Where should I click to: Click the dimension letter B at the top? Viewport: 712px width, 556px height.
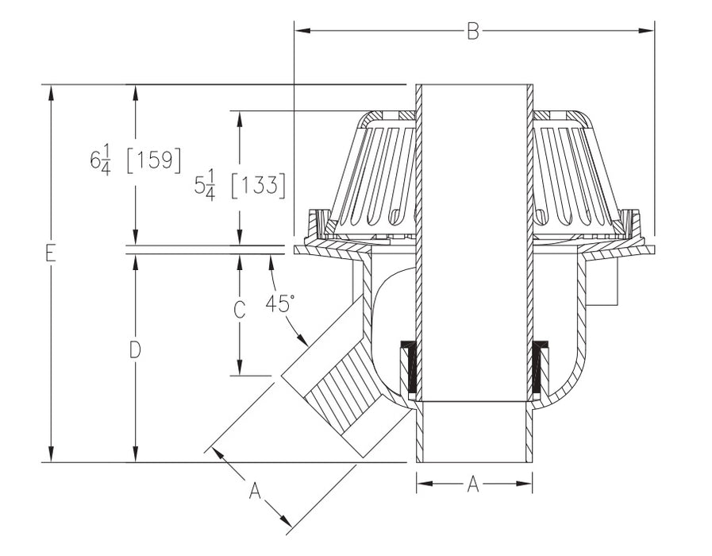point(473,31)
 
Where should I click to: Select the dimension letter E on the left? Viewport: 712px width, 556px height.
point(51,253)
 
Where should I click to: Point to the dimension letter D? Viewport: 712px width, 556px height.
point(135,349)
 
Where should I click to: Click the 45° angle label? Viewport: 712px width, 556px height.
point(280,303)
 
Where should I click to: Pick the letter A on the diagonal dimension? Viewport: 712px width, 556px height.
point(255,492)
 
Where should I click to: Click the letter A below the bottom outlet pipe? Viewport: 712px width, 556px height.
point(473,484)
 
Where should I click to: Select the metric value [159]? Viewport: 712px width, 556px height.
point(154,159)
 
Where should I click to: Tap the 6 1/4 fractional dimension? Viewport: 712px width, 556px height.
point(100,160)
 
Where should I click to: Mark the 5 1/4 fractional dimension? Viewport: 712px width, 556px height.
point(205,187)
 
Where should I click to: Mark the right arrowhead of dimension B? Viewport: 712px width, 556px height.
point(648,31)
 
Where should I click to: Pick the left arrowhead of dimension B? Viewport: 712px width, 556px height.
point(300,31)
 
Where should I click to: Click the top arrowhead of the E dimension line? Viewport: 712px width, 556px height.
point(51,91)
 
